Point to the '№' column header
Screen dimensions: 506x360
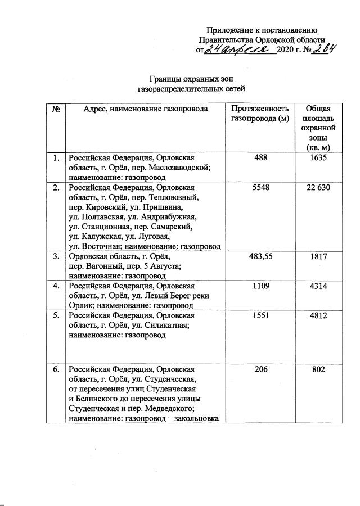(56, 109)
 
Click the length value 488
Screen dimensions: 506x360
(261, 158)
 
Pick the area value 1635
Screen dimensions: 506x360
(318, 158)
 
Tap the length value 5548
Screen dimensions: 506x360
(261, 187)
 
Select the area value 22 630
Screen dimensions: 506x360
(318, 187)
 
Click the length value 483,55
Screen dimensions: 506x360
(261, 256)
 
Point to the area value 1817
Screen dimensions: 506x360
(318, 256)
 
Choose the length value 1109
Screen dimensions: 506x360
(261, 286)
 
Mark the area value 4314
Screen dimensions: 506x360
(318, 286)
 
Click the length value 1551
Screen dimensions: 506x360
(261, 315)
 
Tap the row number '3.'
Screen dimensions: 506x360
(56, 256)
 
